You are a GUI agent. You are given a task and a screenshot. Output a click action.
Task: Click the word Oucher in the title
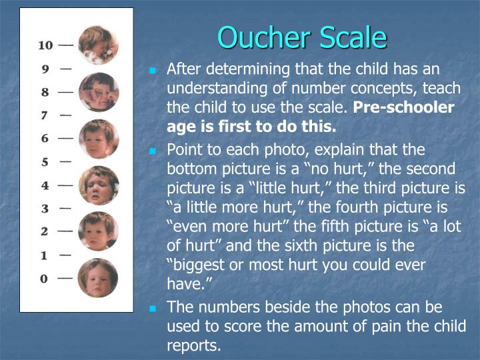pyautogui.click(x=257, y=37)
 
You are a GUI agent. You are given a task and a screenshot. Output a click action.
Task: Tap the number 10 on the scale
pyautogui.click(x=45, y=45)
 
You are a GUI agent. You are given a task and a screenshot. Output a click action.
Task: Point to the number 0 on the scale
pyautogui.click(x=45, y=278)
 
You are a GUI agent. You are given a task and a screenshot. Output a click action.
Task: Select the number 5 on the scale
pyautogui.click(x=45, y=161)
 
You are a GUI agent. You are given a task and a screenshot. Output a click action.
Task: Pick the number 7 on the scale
pyautogui.click(x=45, y=115)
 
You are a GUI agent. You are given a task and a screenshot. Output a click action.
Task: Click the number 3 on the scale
pyautogui.click(x=45, y=209)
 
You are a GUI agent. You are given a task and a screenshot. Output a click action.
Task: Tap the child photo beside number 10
pyautogui.click(x=98, y=45)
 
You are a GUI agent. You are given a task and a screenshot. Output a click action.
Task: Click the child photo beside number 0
pyautogui.click(x=98, y=278)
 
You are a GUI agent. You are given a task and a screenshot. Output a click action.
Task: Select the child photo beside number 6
pyautogui.click(x=99, y=138)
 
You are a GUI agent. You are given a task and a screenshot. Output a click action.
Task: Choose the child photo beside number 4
pyautogui.click(x=99, y=185)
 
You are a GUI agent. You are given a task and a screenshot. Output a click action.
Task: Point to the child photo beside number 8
pyautogui.click(x=99, y=91)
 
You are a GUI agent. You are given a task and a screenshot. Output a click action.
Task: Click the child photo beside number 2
pyautogui.click(x=99, y=231)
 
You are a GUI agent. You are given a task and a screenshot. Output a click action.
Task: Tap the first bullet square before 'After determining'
pyautogui.click(x=153, y=70)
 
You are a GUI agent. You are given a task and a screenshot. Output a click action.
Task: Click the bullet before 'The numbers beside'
pyautogui.click(x=153, y=309)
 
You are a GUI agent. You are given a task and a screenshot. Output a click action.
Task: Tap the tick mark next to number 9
pyautogui.click(x=65, y=68)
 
